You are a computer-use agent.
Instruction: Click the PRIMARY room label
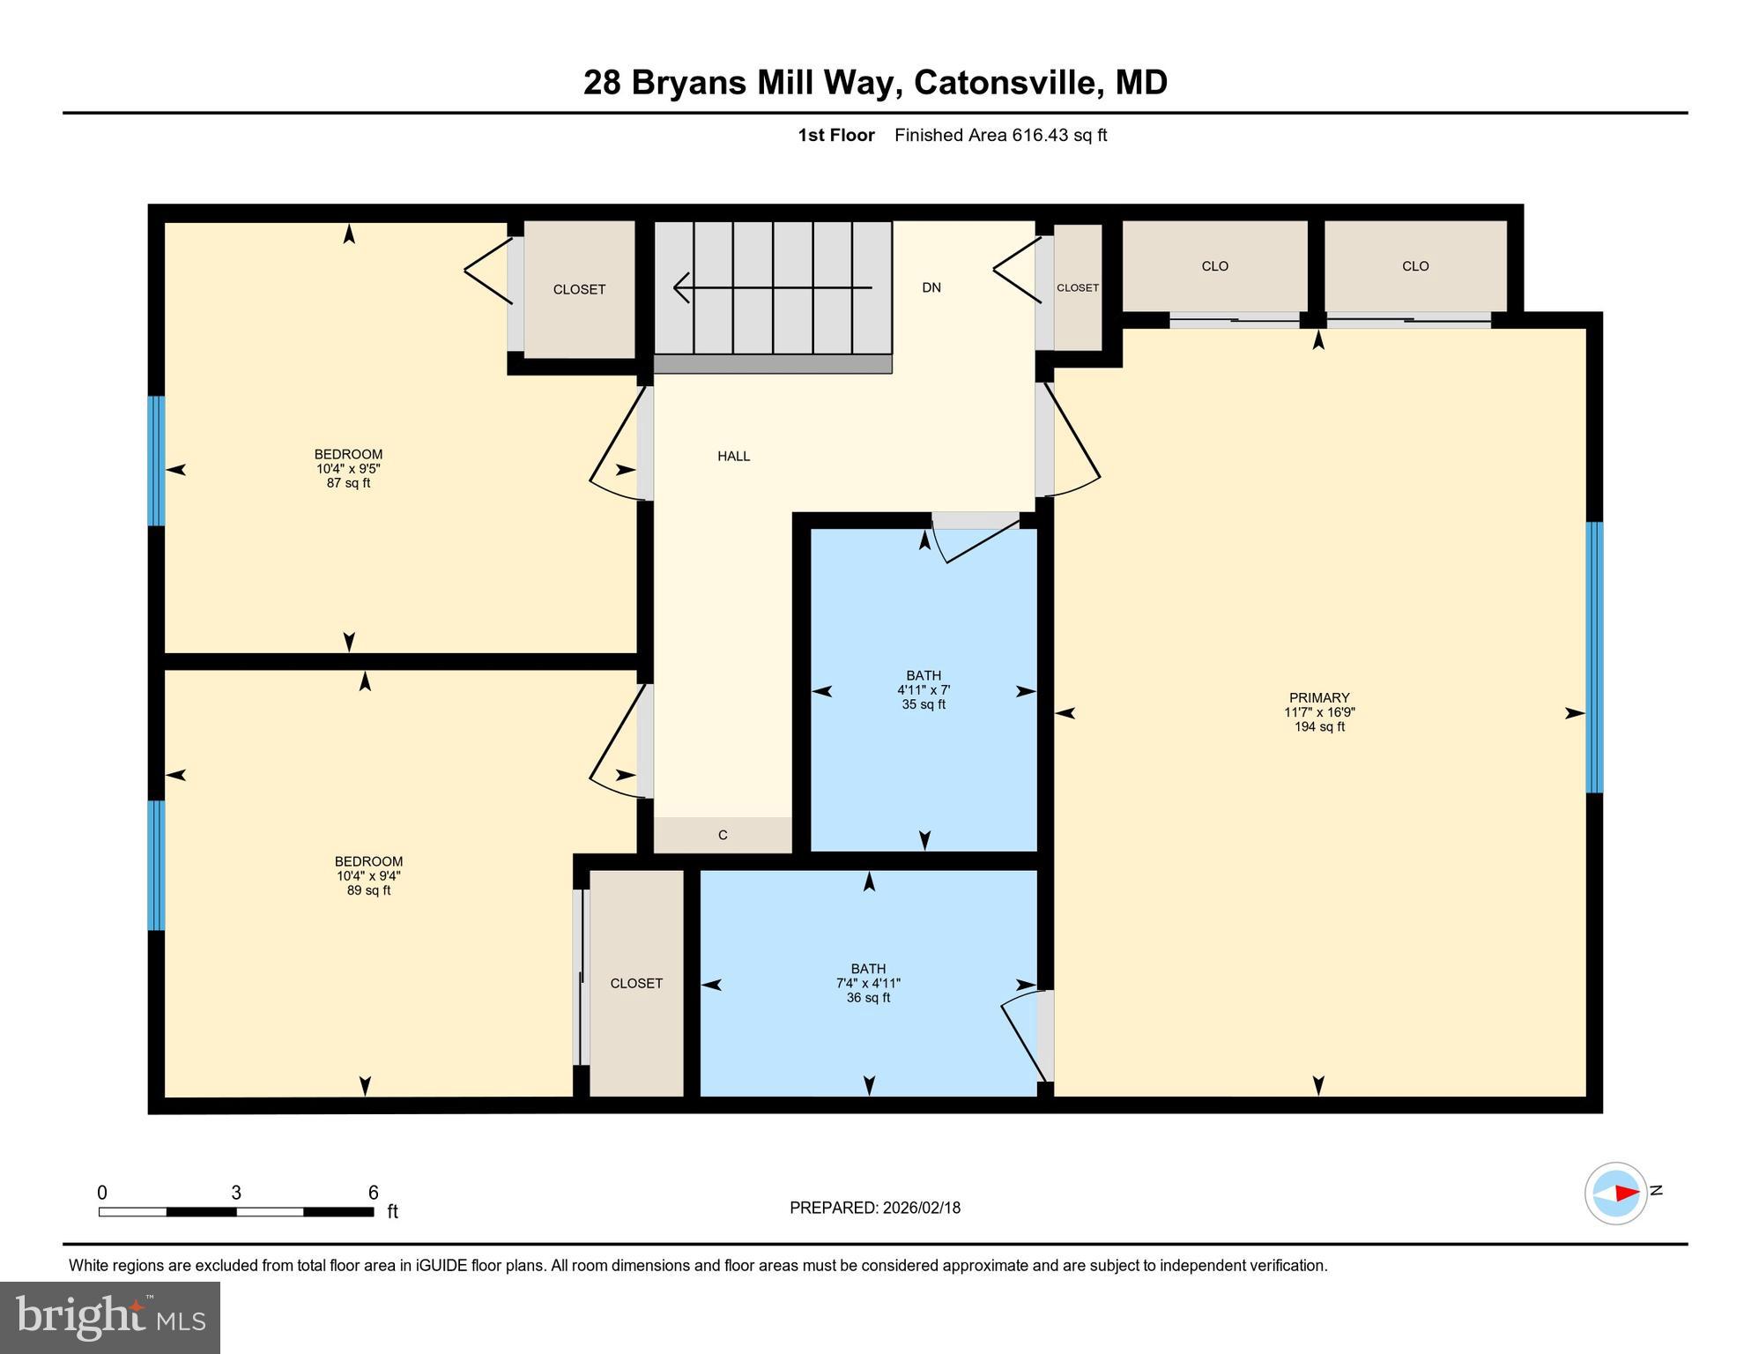click(1318, 697)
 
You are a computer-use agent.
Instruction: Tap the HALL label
click(733, 456)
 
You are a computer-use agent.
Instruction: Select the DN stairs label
click(931, 287)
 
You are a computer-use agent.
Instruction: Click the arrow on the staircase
click(772, 287)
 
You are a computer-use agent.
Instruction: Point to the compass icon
click(1615, 1193)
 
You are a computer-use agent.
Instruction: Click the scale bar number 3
click(236, 1193)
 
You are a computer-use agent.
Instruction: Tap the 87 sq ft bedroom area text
click(348, 483)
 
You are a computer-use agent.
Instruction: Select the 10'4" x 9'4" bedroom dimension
click(368, 876)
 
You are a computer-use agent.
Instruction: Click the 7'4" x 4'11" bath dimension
click(868, 984)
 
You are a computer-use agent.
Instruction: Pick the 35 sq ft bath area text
click(924, 704)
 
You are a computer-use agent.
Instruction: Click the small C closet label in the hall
click(723, 835)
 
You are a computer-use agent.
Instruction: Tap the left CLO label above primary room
click(1214, 266)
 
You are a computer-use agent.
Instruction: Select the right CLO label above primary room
click(1415, 266)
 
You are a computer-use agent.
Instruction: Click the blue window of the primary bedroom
click(1594, 657)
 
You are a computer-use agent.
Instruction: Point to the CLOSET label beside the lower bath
click(636, 983)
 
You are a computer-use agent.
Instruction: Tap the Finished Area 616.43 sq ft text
click(1000, 135)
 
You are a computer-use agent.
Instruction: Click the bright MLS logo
click(110, 1317)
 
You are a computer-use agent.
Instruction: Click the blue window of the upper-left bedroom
click(156, 460)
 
